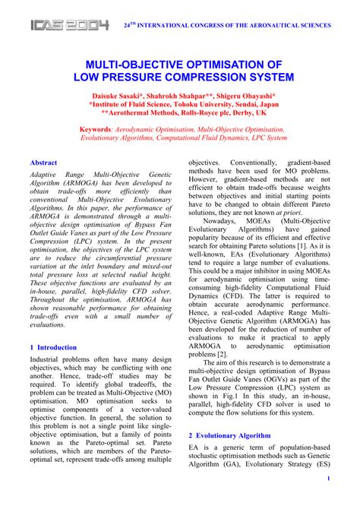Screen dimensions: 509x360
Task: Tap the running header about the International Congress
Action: tap(227, 25)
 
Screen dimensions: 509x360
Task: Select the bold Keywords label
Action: tap(97, 130)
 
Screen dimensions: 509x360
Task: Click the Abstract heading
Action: tap(43, 163)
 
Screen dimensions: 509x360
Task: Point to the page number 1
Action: tap(327, 479)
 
